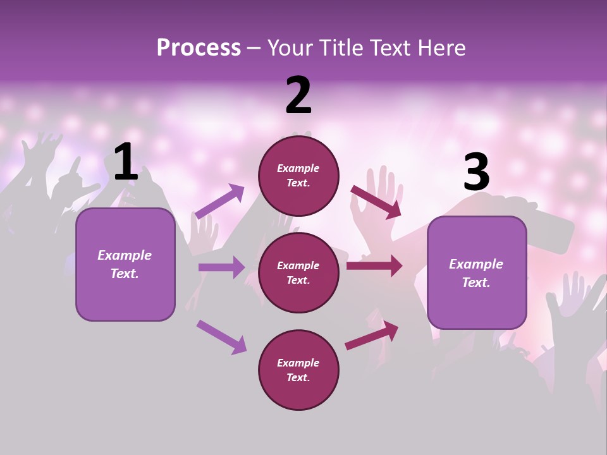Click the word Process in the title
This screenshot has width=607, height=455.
[199, 48]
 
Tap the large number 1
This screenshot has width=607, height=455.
[126, 162]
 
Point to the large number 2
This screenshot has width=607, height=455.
[298, 95]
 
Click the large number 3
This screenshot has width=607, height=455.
[476, 173]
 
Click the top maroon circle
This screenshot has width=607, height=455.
[298, 176]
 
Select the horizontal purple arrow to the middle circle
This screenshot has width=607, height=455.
[221, 267]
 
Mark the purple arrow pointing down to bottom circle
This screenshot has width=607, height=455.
[221, 336]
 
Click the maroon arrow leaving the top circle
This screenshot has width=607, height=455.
[376, 202]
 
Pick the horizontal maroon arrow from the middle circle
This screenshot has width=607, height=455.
[374, 265]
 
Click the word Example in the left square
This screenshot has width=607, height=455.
[125, 255]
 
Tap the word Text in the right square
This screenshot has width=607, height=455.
[475, 282]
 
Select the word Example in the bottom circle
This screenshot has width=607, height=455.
[298, 363]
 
